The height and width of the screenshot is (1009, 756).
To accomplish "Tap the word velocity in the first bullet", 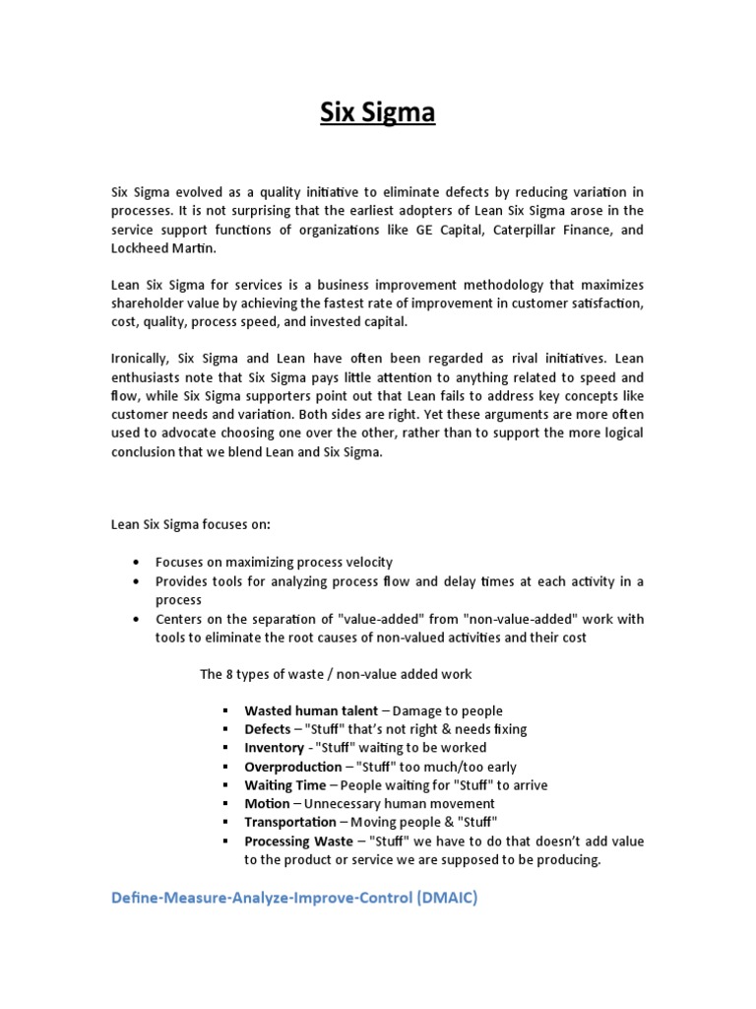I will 362,562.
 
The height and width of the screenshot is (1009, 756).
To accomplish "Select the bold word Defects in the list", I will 268,729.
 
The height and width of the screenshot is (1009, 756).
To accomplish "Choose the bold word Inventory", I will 274,748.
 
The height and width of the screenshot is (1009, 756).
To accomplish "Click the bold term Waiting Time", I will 284,785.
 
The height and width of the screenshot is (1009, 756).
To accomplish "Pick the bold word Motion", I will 267,804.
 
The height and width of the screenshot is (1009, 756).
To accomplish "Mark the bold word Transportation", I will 290,822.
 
